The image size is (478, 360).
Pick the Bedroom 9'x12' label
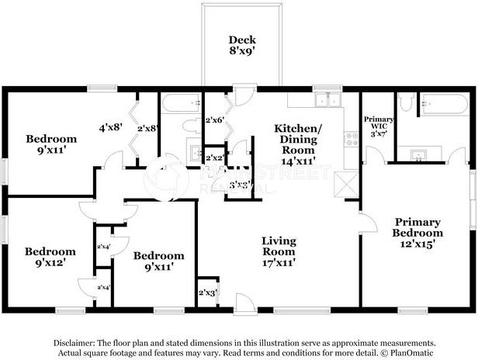(50, 257)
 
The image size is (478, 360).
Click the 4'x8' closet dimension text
(109, 127)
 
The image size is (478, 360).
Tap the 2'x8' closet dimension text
(147, 128)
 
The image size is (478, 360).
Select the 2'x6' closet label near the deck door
(214, 120)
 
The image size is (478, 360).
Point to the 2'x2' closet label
(215, 157)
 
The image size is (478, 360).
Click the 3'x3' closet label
(239, 185)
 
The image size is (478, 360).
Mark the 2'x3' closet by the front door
(208, 292)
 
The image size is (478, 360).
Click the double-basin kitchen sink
(327, 99)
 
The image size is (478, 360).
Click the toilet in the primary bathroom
(405, 104)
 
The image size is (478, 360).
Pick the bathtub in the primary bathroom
(442, 102)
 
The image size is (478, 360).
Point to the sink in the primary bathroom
(421, 152)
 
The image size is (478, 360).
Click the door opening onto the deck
(244, 97)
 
